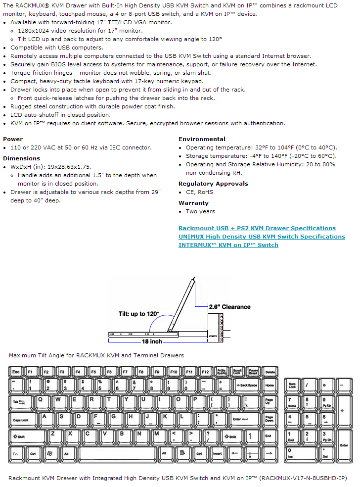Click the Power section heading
[x=13, y=139]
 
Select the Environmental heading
[x=202, y=139]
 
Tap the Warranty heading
[x=193, y=203]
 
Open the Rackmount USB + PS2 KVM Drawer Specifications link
[x=257, y=228]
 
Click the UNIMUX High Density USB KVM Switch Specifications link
[x=262, y=237]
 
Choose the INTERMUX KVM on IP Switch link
[x=228, y=245]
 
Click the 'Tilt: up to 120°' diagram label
[x=139, y=314]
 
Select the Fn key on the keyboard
[x=16, y=453]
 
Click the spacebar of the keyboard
[x=117, y=453]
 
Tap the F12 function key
[x=206, y=371]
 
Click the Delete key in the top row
[x=270, y=371]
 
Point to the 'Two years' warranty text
[x=200, y=211]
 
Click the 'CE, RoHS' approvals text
[x=199, y=192]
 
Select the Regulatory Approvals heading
[x=213, y=184]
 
